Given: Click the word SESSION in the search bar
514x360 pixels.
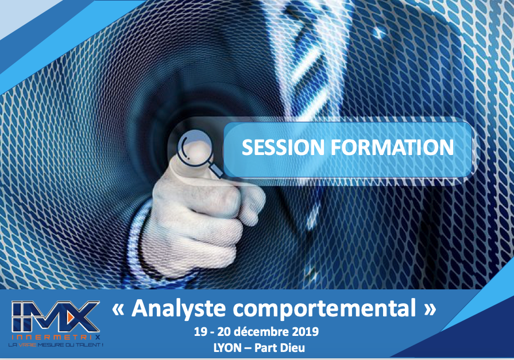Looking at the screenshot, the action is point(283,147).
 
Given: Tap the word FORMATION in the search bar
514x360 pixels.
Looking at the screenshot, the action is point(392,147).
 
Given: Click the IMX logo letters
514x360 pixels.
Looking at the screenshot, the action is point(55,316).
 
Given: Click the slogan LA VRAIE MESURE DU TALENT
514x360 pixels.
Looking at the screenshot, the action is point(56,345).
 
